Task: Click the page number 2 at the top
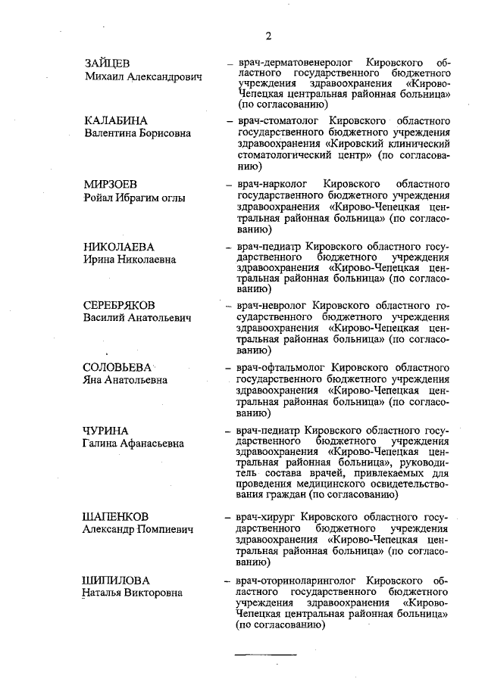tap(268, 36)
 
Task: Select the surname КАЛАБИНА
tap(115, 121)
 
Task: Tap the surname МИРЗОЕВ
tap(111, 184)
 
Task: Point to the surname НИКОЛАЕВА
tap(119, 247)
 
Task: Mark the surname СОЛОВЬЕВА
tap(118, 367)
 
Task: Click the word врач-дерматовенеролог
tap(292, 59)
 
